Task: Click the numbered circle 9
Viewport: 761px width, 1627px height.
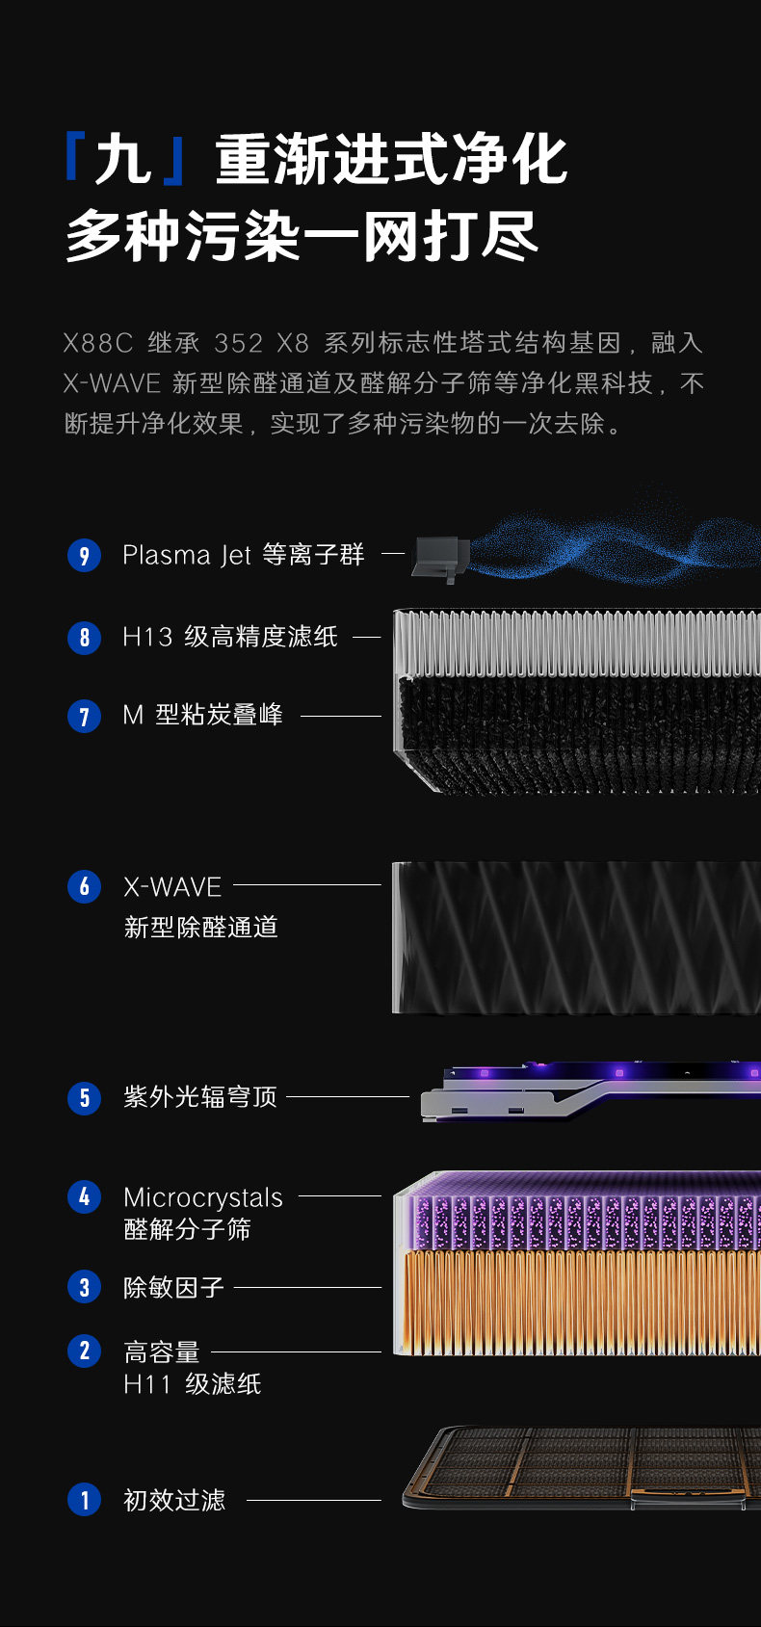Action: pos(84,555)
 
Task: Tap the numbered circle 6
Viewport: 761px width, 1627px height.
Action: pos(84,886)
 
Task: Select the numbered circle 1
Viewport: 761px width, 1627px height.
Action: pos(84,1499)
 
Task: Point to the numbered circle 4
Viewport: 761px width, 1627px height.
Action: pos(84,1196)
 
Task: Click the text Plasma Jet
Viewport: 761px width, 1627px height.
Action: pos(186,556)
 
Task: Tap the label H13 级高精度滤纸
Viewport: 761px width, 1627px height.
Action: pos(230,637)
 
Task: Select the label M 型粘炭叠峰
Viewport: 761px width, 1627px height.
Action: pos(202,715)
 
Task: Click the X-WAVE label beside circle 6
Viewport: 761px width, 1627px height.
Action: pos(172,886)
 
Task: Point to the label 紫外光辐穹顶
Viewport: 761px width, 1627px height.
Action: pos(200,1097)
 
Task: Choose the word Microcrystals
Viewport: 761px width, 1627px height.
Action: pos(203,1197)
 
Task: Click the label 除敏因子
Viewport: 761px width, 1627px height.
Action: pos(173,1287)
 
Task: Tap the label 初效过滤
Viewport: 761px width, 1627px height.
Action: pos(174,1500)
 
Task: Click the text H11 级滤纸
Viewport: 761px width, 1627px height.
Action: pos(193,1384)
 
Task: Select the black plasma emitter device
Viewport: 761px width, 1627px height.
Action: pos(440,558)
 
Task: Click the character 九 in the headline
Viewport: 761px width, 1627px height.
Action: pos(124,160)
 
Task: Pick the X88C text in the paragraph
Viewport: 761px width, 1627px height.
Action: pos(97,343)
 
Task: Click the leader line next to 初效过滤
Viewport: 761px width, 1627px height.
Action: pos(314,1500)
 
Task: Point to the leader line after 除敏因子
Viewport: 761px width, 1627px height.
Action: pos(307,1287)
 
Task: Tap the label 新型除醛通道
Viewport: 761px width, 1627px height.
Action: pos(201,927)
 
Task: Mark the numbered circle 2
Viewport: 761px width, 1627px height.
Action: pos(84,1351)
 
